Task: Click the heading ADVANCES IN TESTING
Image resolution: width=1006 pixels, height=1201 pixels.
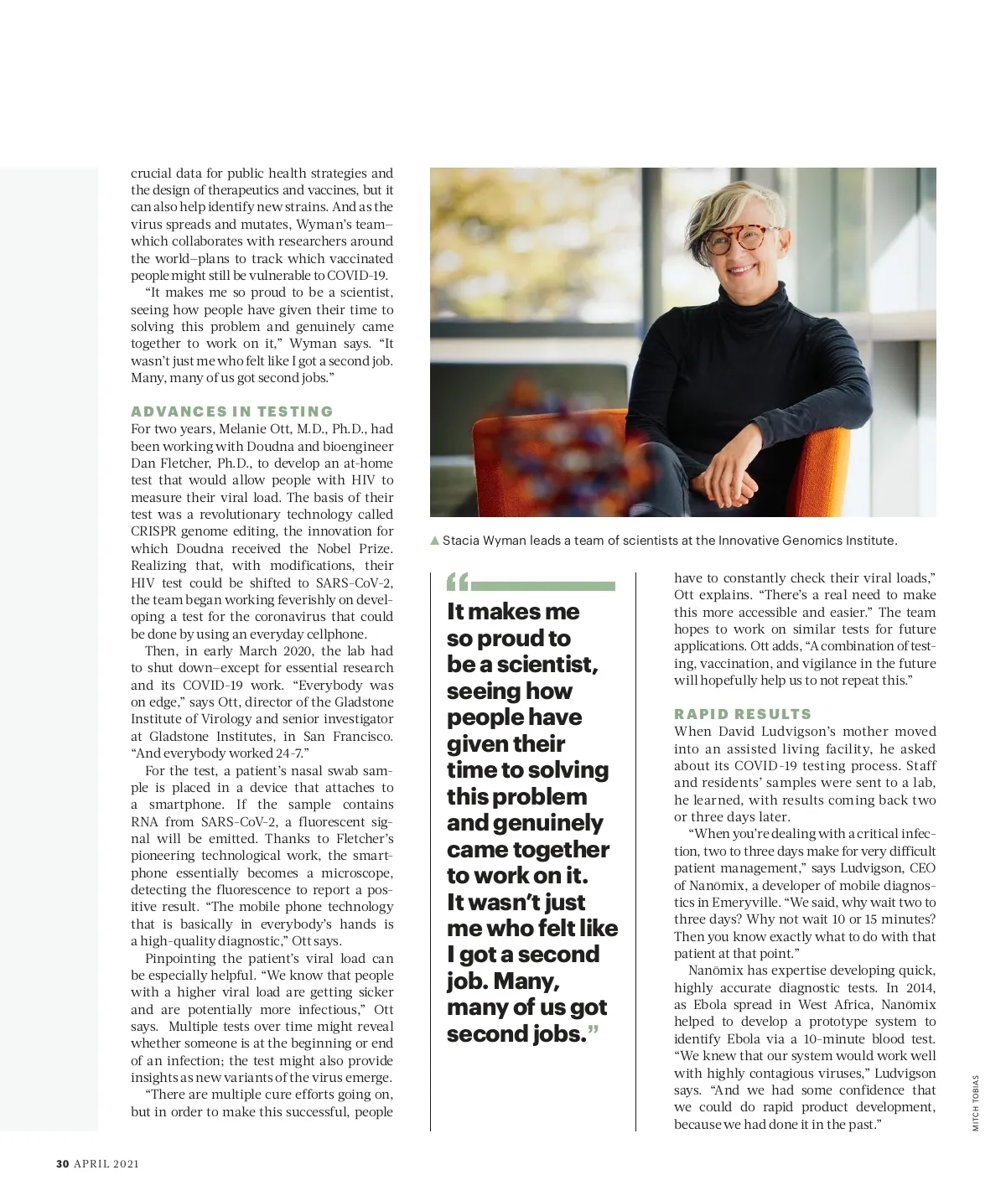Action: point(232,412)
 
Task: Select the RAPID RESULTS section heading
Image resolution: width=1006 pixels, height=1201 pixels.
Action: point(743,714)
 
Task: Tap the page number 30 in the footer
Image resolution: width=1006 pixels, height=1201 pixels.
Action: point(62,1163)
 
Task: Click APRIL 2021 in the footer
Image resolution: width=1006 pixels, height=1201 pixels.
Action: point(106,1163)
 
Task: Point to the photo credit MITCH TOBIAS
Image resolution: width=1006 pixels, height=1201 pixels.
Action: point(976,1103)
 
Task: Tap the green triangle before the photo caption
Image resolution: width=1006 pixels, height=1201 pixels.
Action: point(434,541)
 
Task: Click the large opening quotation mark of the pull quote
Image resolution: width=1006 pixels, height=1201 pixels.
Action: point(457,582)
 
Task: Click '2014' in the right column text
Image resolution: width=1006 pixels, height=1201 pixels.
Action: point(920,988)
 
